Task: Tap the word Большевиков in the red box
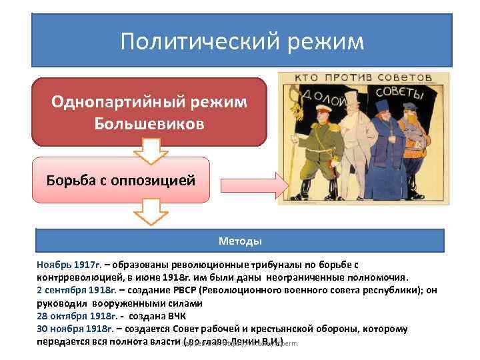point(149,125)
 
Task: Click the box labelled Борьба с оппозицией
point(121,181)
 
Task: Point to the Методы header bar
point(240,241)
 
